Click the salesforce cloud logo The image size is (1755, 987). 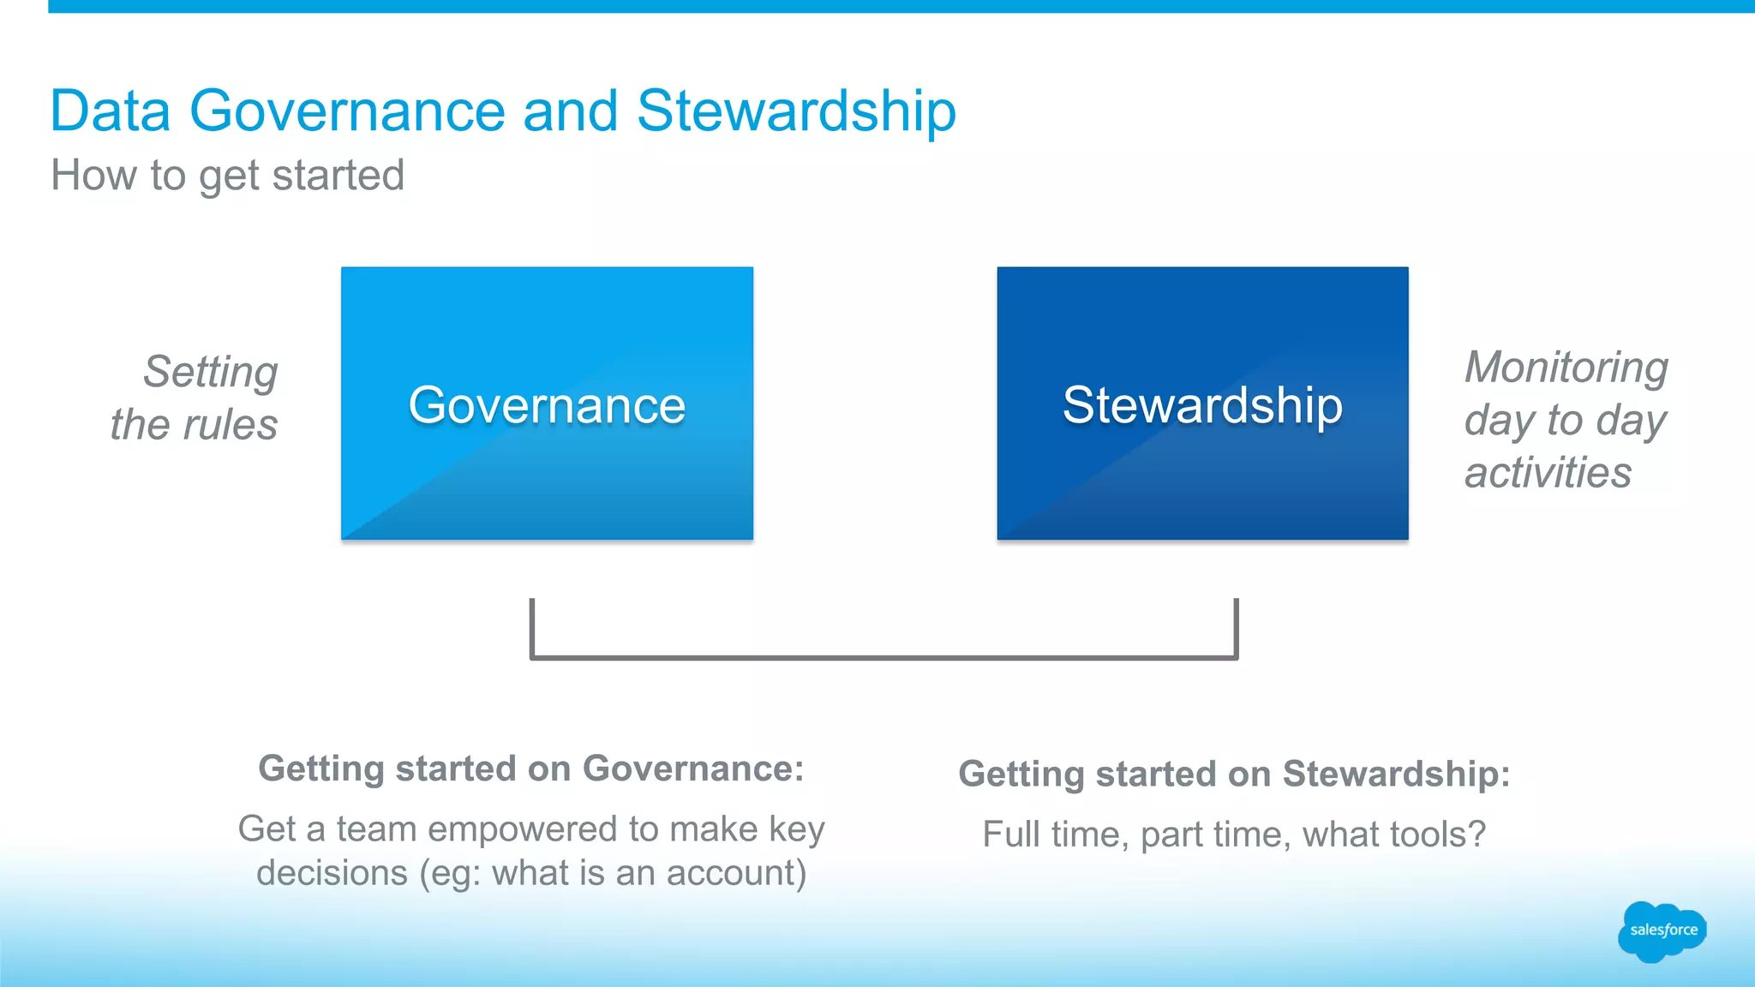coord(1662,931)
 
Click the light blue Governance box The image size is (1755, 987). coord(547,404)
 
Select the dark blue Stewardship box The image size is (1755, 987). coord(1202,404)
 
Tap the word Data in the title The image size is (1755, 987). coord(111,111)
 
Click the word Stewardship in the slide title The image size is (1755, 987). coord(796,111)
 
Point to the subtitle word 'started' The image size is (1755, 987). coord(338,176)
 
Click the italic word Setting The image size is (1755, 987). coord(211,372)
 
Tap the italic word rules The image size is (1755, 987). coord(230,425)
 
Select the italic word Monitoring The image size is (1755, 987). coord(1566,368)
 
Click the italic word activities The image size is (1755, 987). coord(1548,473)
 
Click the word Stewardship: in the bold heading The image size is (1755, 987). coord(1396,774)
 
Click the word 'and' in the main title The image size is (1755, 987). coord(570,111)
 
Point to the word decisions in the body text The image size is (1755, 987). coord(332,873)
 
